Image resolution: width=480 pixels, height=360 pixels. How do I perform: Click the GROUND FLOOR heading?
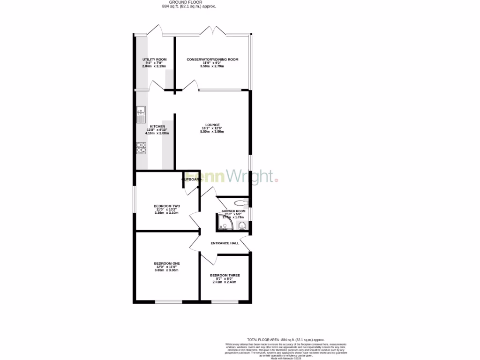189,2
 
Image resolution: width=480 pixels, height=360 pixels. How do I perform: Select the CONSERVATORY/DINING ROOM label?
212,60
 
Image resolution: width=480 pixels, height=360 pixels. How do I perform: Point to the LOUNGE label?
212,125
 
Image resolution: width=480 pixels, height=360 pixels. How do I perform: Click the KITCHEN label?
157,127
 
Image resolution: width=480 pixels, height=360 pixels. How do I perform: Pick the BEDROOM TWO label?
167,206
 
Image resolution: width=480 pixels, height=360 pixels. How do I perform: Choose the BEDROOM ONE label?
167,263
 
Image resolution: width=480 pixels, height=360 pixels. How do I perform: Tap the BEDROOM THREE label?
225,275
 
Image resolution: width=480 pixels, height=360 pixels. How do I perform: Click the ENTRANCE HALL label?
225,243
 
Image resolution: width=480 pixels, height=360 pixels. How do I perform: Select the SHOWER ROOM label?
233,211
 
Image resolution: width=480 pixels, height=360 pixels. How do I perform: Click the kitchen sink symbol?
141,114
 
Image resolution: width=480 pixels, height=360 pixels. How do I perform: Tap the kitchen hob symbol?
141,148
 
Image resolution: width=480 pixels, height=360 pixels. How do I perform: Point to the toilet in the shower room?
240,203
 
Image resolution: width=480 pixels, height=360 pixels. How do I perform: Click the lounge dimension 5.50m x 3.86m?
212,132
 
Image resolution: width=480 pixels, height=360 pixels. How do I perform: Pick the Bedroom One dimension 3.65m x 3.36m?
167,270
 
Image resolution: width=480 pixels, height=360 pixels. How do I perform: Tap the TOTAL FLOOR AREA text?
285,340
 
